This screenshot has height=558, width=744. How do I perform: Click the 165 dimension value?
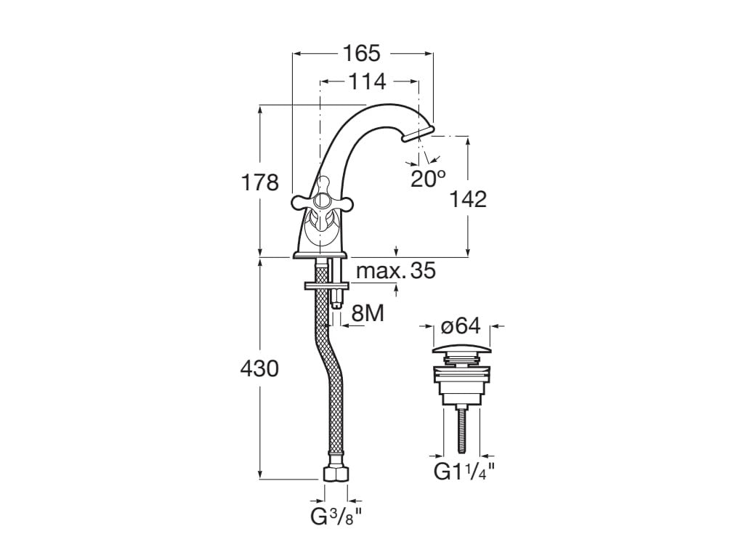362,53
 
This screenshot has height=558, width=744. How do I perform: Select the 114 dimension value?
366,81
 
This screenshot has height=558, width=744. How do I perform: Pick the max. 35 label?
395,271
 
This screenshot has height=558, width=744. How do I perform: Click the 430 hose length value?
259,368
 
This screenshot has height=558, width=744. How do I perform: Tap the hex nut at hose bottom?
335,473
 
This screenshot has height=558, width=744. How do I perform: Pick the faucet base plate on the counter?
322,254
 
